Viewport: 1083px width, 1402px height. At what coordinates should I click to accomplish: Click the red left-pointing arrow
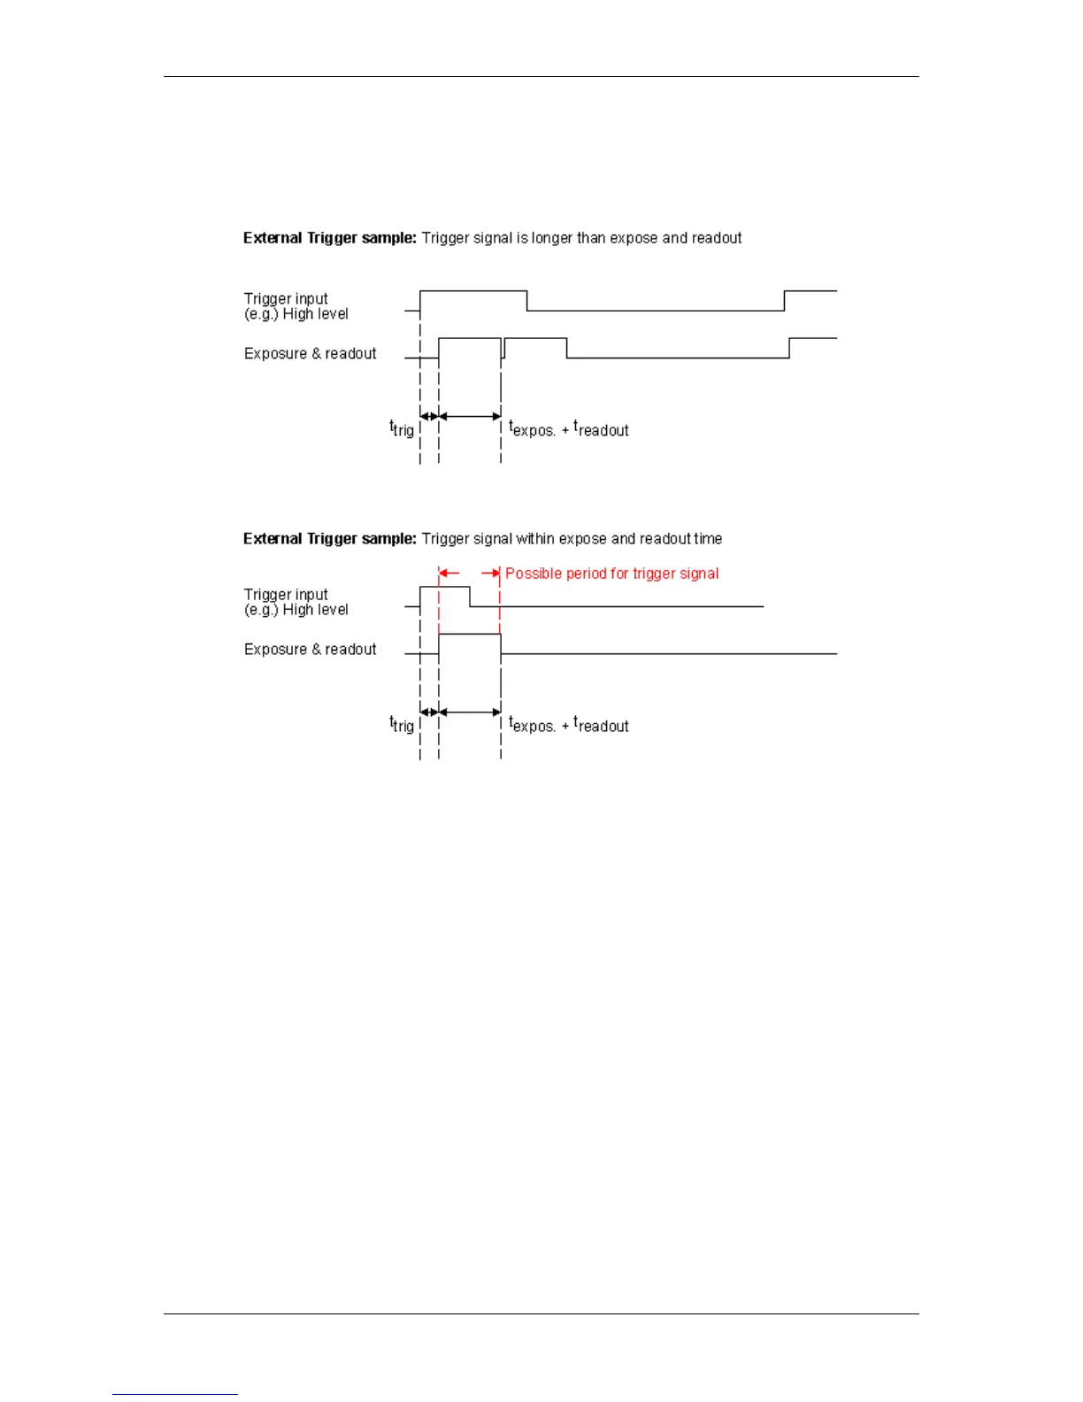[449, 574]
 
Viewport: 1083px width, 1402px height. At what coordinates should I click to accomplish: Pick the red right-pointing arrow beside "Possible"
[490, 574]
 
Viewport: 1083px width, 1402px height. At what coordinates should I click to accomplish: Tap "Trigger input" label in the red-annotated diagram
[286, 595]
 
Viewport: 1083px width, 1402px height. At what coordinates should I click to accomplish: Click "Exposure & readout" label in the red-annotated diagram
[310, 650]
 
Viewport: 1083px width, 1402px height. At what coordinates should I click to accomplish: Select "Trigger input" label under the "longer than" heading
[286, 299]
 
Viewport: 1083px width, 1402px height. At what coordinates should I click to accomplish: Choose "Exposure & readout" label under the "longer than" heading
[310, 354]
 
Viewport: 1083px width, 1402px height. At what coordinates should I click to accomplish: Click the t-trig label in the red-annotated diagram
[402, 725]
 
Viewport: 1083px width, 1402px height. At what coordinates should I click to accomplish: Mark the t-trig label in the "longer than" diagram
[402, 429]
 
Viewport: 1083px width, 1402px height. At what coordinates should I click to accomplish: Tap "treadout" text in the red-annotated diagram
[602, 725]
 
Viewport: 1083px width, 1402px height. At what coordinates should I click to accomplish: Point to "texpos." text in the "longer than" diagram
[532, 429]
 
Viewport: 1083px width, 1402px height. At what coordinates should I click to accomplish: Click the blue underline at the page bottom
[174, 1394]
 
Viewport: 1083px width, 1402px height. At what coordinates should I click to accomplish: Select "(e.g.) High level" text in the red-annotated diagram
[296, 610]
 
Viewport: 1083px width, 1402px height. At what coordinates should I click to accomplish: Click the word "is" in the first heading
[522, 238]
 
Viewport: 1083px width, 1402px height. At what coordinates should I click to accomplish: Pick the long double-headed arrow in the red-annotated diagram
[470, 712]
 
